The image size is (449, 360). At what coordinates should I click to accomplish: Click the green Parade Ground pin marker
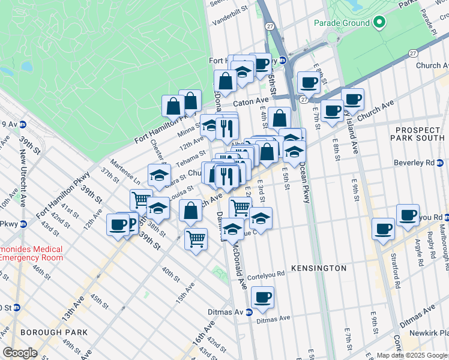pyautogui.click(x=379, y=23)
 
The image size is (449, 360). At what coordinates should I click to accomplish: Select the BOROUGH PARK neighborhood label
pyautogui.click(x=53, y=332)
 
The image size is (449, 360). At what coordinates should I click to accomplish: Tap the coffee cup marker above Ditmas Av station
pyautogui.click(x=262, y=296)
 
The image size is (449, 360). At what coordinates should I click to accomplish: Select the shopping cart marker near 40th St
pyautogui.click(x=196, y=239)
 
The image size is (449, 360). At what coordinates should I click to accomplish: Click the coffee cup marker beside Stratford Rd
pyautogui.click(x=382, y=229)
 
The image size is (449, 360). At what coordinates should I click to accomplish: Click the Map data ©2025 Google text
pyautogui.click(x=411, y=355)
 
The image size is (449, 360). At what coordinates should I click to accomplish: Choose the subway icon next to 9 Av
pyautogui.click(x=23, y=124)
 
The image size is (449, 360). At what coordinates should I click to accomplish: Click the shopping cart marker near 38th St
pyautogui.click(x=141, y=199)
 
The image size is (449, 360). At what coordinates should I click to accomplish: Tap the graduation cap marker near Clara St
pyautogui.click(x=158, y=175)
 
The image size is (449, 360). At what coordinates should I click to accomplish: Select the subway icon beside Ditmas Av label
pyautogui.click(x=248, y=312)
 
